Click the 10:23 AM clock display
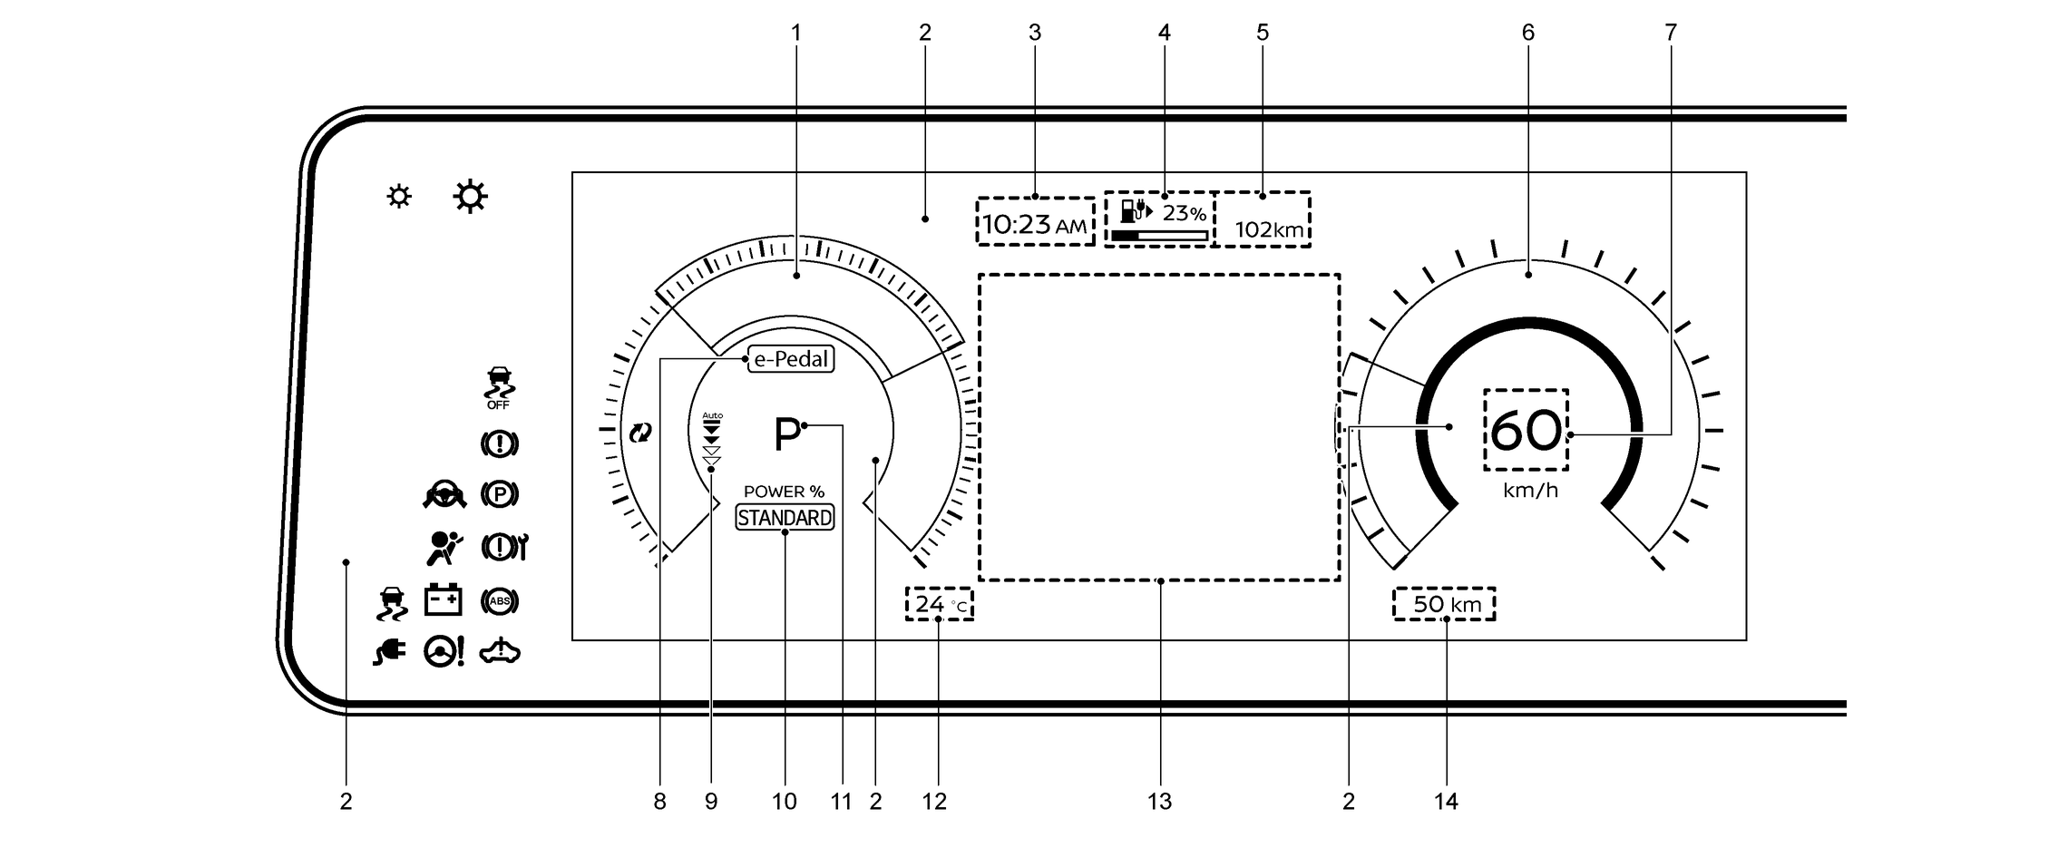click(1034, 223)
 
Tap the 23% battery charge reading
click(1185, 214)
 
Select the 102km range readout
click(1269, 229)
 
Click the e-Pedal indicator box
click(791, 359)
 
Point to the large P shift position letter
click(786, 434)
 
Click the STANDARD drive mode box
click(785, 518)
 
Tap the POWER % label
click(784, 492)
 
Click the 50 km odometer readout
click(1447, 604)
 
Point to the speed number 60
click(1527, 431)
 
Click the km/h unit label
click(1530, 491)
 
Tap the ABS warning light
click(500, 600)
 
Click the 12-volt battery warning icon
click(444, 599)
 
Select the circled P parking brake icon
click(500, 494)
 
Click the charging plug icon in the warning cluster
click(389, 651)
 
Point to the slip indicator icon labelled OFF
click(498, 387)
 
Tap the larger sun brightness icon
click(471, 197)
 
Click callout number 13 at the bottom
click(1159, 802)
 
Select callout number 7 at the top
click(1671, 33)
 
